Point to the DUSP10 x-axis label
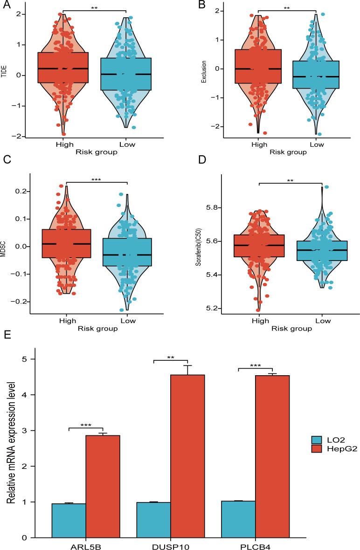pyautogui.click(x=170, y=545)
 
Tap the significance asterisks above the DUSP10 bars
pyautogui.click(x=170, y=357)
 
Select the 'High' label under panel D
pyautogui.click(x=259, y=321)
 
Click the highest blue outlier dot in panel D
pyautogui.click(x=313, y=187)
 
